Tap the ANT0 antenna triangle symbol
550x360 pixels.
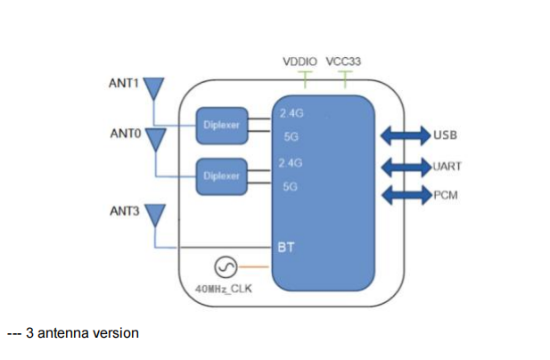[x=154, y=138]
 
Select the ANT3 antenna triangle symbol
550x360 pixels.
[x=154, y=214]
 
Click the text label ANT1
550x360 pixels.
[x=124, y=84]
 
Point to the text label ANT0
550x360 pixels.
[x=124, y=135]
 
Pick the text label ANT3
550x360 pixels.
[x=124, y=211]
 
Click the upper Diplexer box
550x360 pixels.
[x=221, y=124]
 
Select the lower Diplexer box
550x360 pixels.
[x=221, y=175]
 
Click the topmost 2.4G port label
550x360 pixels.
[x=291, y=113]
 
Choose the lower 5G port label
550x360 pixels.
[x=290, y=187]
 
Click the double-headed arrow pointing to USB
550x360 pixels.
[x=406, y=136]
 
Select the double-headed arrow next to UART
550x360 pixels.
[x=405, y=166]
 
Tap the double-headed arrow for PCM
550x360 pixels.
[x=406, y=195]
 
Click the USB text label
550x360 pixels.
[x=446, y=136]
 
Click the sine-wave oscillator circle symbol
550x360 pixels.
[x=225, y=266]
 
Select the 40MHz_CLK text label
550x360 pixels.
[x=225, y=289]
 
